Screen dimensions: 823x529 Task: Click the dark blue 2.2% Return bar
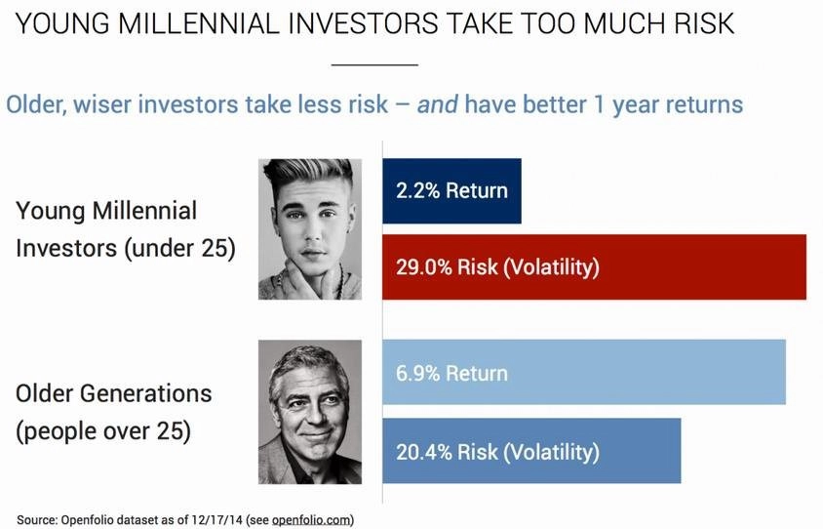(451, 190)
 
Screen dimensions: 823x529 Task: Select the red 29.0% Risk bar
(594, 266)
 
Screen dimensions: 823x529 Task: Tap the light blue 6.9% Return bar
(584, 372)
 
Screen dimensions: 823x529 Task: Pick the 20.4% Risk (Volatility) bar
(531, 451)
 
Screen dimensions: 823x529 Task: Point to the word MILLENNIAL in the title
(200, 23)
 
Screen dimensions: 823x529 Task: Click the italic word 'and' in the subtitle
(437, 104)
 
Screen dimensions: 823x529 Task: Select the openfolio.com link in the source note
(311, 520)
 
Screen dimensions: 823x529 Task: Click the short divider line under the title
(374, 65)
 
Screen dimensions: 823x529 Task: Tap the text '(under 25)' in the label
(179, 249)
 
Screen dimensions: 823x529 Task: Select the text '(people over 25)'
(103, 431)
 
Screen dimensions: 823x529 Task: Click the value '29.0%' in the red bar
(424, 266)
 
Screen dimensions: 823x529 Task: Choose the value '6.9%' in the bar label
(417, 373)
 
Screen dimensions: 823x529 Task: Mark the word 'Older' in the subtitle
(35, 104)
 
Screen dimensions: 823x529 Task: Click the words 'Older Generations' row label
(114, 393)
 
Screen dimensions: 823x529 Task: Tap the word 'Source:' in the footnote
(37, 520)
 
